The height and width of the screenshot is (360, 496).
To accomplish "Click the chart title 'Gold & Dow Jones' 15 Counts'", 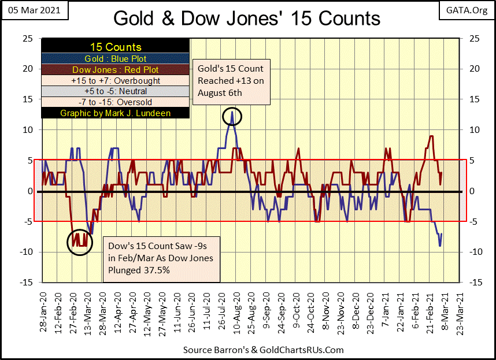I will pos(247,18).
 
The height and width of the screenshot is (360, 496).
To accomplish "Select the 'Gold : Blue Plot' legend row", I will pos(116,59).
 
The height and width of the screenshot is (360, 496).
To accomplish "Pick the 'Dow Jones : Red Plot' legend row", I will pos(116,70).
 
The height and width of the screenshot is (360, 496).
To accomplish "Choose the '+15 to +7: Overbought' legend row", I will pos(116,81).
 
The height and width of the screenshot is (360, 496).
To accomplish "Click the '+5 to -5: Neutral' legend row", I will pos(116,91).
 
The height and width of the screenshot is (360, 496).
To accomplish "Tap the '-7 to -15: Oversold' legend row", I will pos(116,102).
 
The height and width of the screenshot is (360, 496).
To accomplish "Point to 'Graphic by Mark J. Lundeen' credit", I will pos(116,113).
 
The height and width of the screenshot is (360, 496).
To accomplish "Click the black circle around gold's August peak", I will pos(232,117).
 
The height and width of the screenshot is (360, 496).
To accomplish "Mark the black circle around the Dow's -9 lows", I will pos(79,241).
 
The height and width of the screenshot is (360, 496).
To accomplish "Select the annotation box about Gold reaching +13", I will pos(231,80).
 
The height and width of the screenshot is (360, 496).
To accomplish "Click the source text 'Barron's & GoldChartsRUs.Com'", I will pos(263,350).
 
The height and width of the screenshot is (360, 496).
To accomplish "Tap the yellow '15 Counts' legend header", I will pos(116,47).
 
